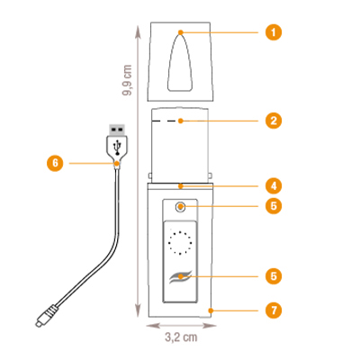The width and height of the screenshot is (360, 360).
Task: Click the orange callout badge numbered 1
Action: tap(274, 32)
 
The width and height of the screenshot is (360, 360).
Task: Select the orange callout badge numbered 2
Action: tap(274, 121)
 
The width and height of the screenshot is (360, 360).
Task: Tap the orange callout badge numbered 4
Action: tap(274, 186)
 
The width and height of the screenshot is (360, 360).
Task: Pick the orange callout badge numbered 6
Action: tap(55, 163)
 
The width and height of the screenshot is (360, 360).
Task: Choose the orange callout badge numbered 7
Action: tap(274, 310)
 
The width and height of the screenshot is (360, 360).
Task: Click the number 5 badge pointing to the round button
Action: tap(274, 206)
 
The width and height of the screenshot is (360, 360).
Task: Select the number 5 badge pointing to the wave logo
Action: tap(274, 276)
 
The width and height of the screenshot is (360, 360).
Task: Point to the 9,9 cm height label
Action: tap(127, 80)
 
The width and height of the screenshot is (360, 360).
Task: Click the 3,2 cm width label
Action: tap(181, 337)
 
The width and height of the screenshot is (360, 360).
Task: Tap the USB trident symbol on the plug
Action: tap(117, 148)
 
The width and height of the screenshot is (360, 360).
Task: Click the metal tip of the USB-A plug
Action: tap(117, 130)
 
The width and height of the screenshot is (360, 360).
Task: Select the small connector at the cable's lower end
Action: tap(45, 316)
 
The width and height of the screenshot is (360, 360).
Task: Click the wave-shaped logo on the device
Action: tap(180, 277)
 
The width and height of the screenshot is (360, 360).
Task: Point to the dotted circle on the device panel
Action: tap(180, 243)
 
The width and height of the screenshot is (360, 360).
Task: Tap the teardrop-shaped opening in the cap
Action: tap(180, 62)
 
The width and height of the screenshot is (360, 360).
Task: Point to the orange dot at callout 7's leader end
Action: tap(211, 310)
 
